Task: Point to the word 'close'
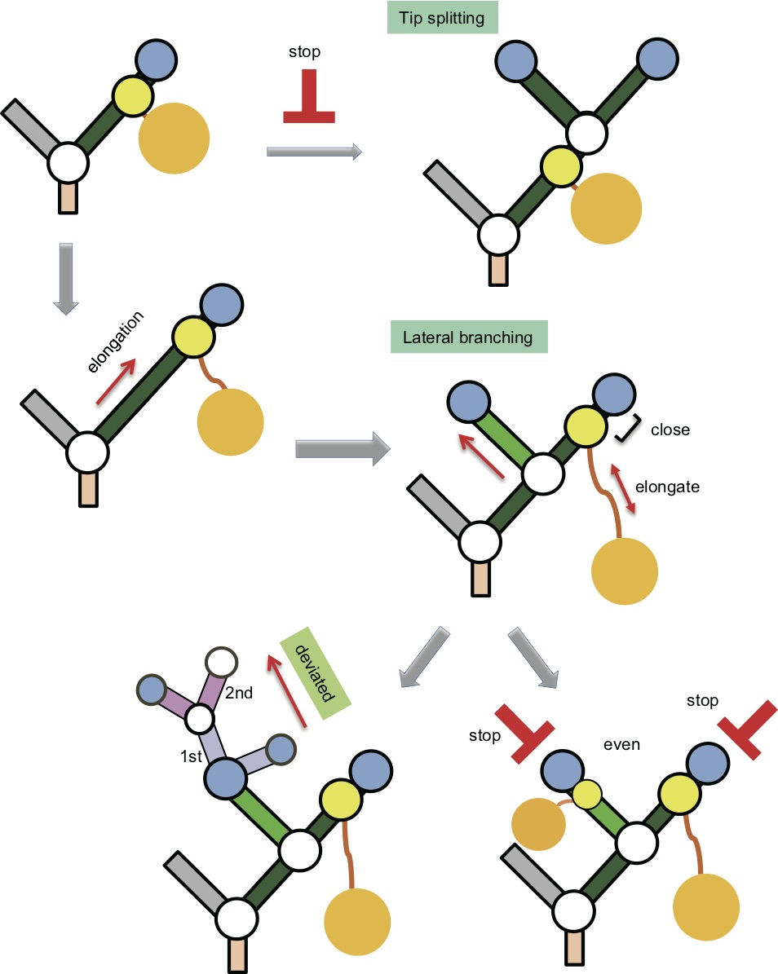pos(670,430)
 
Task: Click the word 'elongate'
pos(672,487)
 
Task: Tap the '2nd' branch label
pos(241,694)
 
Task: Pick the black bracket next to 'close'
pos(627,430)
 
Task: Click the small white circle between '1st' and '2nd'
pos(200,720)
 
